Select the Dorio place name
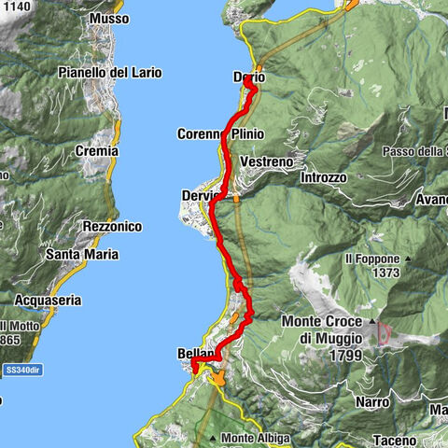point(247,77)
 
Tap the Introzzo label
point(324,177)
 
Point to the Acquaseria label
point(49,300)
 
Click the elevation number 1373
point(385,273)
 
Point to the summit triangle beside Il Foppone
point(409,259)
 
